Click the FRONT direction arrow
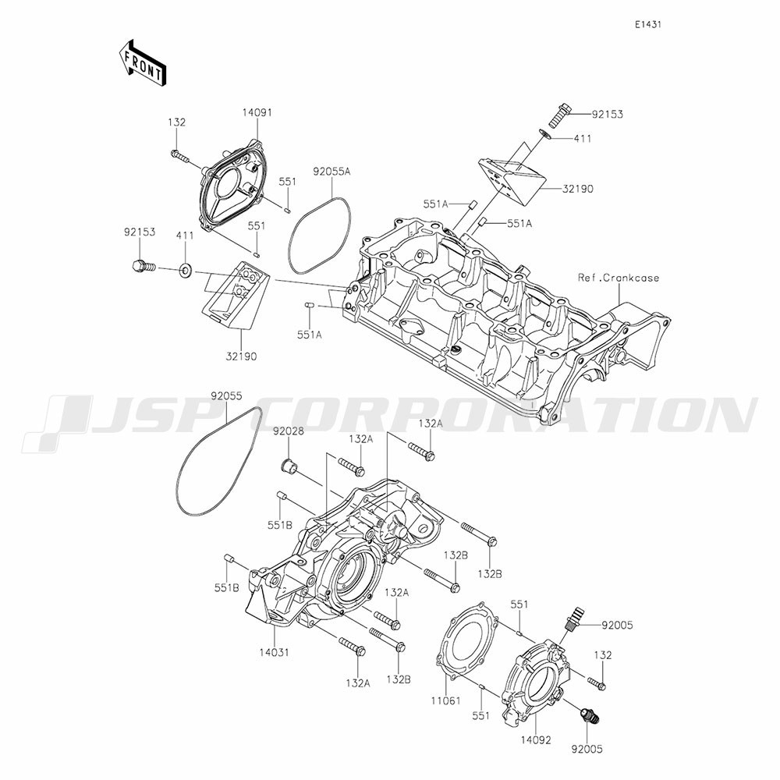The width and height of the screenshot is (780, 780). pos(142,63)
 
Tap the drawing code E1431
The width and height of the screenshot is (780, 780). pos(647,24)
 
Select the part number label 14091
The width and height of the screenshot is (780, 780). pos(257,112)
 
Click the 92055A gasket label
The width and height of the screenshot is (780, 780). pos(331,172)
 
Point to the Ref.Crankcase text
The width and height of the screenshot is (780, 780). pos(619,278)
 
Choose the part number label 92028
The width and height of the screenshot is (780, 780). pos(288,432)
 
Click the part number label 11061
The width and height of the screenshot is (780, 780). pos(445,701)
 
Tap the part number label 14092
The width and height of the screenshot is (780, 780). pos(537,740)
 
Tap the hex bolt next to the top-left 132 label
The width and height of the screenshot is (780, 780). pos(180,156)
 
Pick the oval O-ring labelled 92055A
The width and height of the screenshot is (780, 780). pos(319,236)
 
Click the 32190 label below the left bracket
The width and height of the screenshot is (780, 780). pos(242,356)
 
